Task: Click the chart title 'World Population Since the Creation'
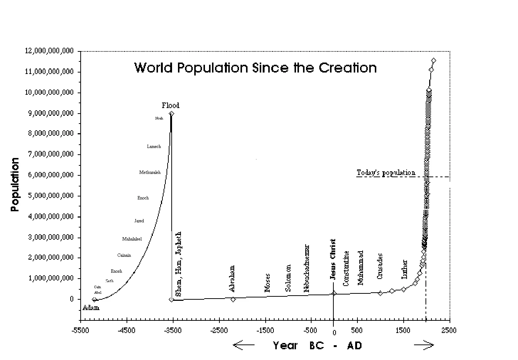(255, 68)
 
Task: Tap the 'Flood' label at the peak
(171, 105)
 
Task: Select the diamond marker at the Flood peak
(171, 113)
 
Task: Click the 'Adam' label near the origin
(91, 307)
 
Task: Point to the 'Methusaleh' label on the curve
(150, 172)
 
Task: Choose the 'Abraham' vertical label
(232, 279)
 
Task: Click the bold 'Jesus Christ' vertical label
(333, 259)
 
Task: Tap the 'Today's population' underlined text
(386, 173)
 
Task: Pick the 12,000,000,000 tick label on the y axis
(49, 51)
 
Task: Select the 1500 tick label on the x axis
(403, 330)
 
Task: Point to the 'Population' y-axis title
(15, 184)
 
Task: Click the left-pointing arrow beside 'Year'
(243, 345)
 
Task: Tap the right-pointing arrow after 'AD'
(424, 345)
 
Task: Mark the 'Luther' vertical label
(404, 269)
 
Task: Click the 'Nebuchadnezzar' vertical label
(306, 268)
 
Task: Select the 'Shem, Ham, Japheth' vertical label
(178, 264)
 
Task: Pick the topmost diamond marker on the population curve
(434, 60)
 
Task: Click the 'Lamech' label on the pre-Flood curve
(154, 147)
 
